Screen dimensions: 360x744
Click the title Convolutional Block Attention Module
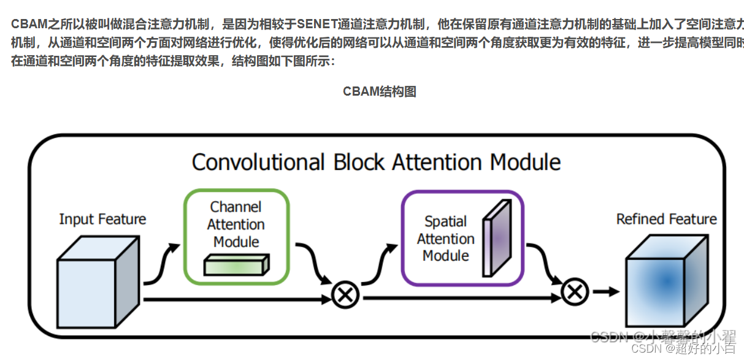tap(376, 163)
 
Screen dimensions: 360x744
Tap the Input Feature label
tap(102, 219)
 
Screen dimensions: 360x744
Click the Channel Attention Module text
tap(236, 224)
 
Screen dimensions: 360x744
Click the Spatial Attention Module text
tap(446, 239)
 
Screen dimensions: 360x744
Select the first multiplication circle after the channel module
tap(345, 295)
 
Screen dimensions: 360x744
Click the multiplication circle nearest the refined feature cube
tap(575, 293)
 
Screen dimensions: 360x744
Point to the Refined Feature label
tap(666, 219)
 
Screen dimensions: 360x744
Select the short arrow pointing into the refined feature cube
tap(605, 293)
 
